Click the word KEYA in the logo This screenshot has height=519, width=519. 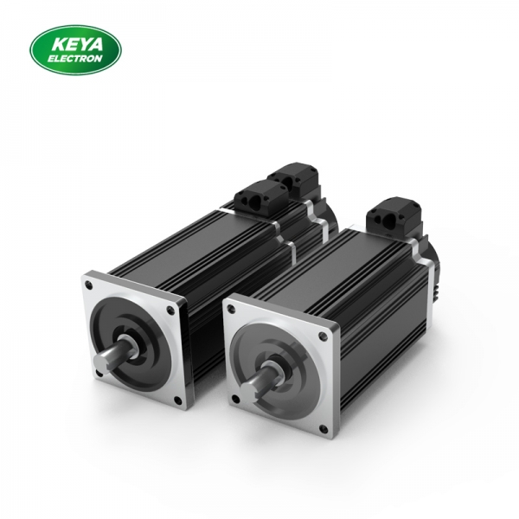point(77,42)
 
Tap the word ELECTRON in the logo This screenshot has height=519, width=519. point(77,58)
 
